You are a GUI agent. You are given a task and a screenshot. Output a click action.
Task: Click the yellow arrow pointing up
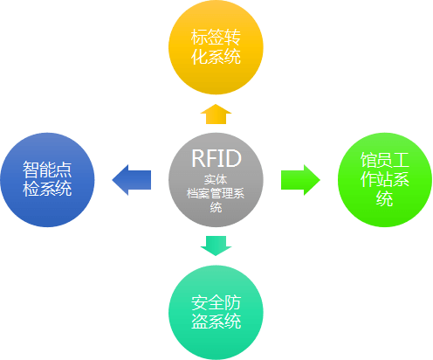point(216,114)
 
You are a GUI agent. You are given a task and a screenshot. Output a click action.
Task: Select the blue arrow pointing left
point(132,180)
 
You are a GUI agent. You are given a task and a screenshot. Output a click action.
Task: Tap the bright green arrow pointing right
point(300,180)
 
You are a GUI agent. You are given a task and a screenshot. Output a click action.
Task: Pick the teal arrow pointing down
point(216,246)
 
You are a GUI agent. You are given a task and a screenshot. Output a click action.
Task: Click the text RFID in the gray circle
point(216,158)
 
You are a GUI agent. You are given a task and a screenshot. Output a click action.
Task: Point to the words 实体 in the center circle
point(216,180)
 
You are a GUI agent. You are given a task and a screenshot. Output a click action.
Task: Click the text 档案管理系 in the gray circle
point(216,194)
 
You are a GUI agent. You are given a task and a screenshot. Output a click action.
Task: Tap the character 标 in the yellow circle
point(199,38)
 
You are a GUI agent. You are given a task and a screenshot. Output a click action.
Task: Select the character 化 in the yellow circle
point(199,57)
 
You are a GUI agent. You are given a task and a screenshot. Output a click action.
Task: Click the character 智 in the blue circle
point(31,170)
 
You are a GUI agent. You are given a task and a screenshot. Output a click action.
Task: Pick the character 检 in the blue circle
point(31,189)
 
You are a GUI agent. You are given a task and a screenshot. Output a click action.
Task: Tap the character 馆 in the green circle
point(368,160)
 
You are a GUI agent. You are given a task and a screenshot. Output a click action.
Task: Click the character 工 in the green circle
point(402,160)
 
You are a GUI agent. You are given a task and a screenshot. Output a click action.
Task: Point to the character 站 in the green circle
point(385,179)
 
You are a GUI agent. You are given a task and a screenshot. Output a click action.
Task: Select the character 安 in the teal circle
point(199,302)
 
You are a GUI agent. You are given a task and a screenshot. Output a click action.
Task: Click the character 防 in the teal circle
point(232,302)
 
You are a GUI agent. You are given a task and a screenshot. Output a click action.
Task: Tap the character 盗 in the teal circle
point(199,322)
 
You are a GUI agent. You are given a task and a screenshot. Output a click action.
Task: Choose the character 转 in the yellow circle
point(232,38)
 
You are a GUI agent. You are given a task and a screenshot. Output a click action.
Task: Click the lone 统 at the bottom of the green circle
point(385,198)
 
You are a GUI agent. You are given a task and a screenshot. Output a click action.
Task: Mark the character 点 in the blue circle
point(64,170)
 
